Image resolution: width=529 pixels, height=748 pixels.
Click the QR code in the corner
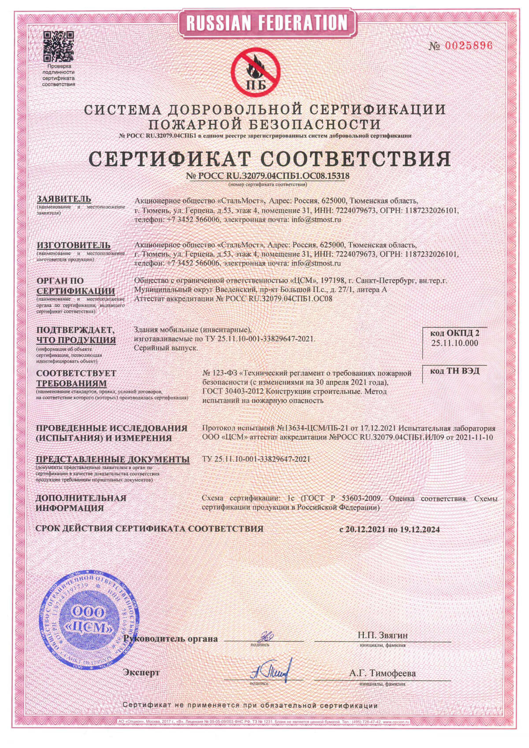point(58,46)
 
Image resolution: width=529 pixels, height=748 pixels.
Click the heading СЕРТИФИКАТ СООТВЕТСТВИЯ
point(269,159)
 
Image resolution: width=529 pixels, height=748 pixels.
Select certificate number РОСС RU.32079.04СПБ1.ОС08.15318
point(268,176)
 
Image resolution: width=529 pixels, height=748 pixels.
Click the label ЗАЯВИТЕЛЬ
point(64,199)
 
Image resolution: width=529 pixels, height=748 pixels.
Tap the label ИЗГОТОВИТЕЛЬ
point(74,245)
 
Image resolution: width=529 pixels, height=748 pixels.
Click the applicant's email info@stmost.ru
point(317,219)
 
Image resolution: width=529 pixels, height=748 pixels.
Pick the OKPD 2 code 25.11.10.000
point(454,343)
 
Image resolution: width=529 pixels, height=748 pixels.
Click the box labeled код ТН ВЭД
point(454,371)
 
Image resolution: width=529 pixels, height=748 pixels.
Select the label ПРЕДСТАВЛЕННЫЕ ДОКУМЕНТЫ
point(113,459)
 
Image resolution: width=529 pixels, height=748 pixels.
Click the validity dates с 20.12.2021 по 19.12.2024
point(389,530)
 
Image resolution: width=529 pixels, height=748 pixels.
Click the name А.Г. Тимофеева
point(382,673)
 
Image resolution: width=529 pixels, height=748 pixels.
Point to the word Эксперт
point(142,673)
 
